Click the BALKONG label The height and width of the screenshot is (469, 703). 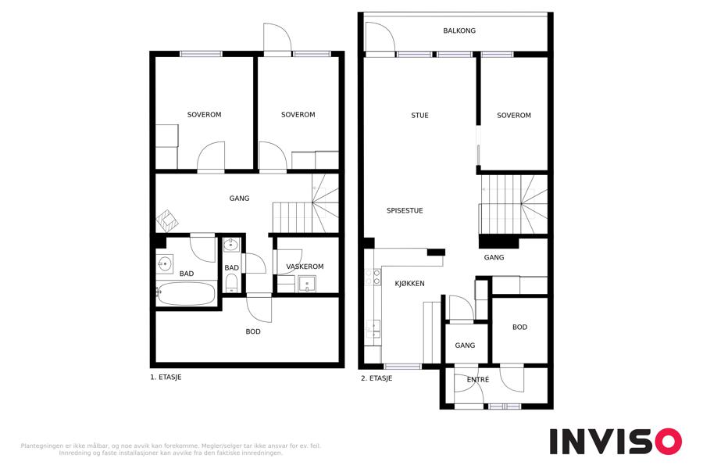[459, 30]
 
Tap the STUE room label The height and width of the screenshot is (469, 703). [419, 116]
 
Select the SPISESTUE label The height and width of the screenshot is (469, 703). [405, 210]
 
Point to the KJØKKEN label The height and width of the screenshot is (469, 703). [409, 283]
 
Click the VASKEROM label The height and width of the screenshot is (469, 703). [305, 267]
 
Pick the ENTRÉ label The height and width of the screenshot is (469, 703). [478, 379]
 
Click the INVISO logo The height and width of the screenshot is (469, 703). [616, 441]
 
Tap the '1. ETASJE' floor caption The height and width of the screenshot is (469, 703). [166, 378]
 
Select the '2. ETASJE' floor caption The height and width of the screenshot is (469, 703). [376, 378]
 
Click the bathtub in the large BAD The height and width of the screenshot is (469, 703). [186, 294]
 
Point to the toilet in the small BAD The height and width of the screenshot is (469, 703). [231, 283]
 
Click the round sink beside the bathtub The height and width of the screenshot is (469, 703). [165, 263]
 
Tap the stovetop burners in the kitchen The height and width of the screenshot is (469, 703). [373, 277]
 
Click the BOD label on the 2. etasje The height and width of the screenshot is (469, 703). [519, 328]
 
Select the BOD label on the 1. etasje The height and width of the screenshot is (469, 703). [253, 331]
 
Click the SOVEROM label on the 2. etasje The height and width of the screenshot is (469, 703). [514, 116]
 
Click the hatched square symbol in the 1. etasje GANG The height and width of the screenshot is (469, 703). [167, 220]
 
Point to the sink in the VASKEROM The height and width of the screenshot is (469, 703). [307, 284]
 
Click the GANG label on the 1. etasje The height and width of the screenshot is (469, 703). [239, 199]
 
